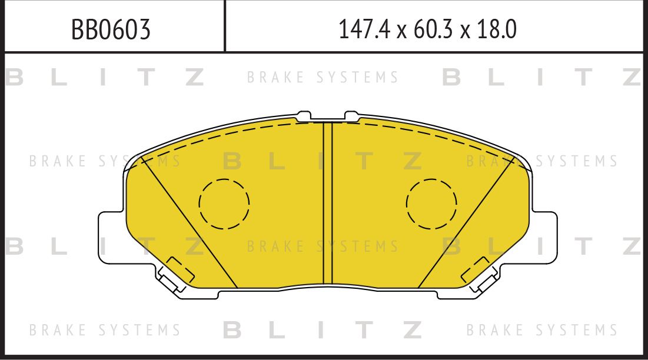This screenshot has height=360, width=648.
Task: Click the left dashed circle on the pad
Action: pyautogui.click(x=224, y=204)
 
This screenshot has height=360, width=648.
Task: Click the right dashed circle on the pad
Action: pyautogui.click(x=431, y=204)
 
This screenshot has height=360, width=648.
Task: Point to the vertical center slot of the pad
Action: pyautogui.click(x=328, y=203)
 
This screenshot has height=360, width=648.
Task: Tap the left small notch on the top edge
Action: pyautogui.click(x=305, y=114)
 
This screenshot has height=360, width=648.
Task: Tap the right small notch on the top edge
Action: pyautogui.click(x=351, y=114)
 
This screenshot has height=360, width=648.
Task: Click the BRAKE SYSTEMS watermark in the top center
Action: pyautogui.click(x=323, y=78)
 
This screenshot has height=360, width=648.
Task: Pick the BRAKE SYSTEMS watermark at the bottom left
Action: pyautogui.click(x=105, y=330)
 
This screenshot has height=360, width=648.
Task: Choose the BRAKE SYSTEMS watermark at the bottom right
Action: pyautogui.click(x=542, y=330)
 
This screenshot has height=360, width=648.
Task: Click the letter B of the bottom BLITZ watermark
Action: pyautogui.click(x=232, y=330)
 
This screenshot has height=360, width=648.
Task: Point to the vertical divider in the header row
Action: pyautogui.click(x=225, y=26)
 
